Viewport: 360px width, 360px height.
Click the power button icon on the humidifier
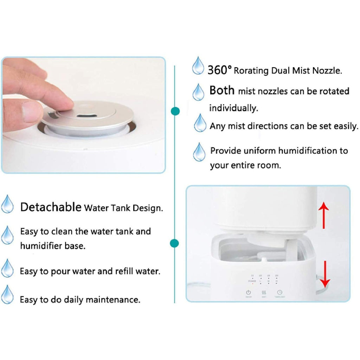pyautogui.click(x=248, y=292)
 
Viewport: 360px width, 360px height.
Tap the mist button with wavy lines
pyautogui.click(x=264, y=292)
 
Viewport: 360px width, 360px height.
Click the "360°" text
pyautogui.click(x=219, y=70)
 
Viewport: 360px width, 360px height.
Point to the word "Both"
pyautogui.click(x=222, y=90)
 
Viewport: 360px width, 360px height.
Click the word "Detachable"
pyautogui.click(x=51, y=207)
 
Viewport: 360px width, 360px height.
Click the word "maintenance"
pyautogui.click(x=113, y=300)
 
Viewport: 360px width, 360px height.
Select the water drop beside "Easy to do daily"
pyautogui.click(x=7, y=295)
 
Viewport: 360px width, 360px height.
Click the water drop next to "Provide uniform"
pyautogui.click(x=199, y=152)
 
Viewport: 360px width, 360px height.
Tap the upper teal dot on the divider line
pyautogui.click(x=175, y=111)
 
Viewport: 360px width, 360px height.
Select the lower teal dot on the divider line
pyautogui.click(x=174, y=243)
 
